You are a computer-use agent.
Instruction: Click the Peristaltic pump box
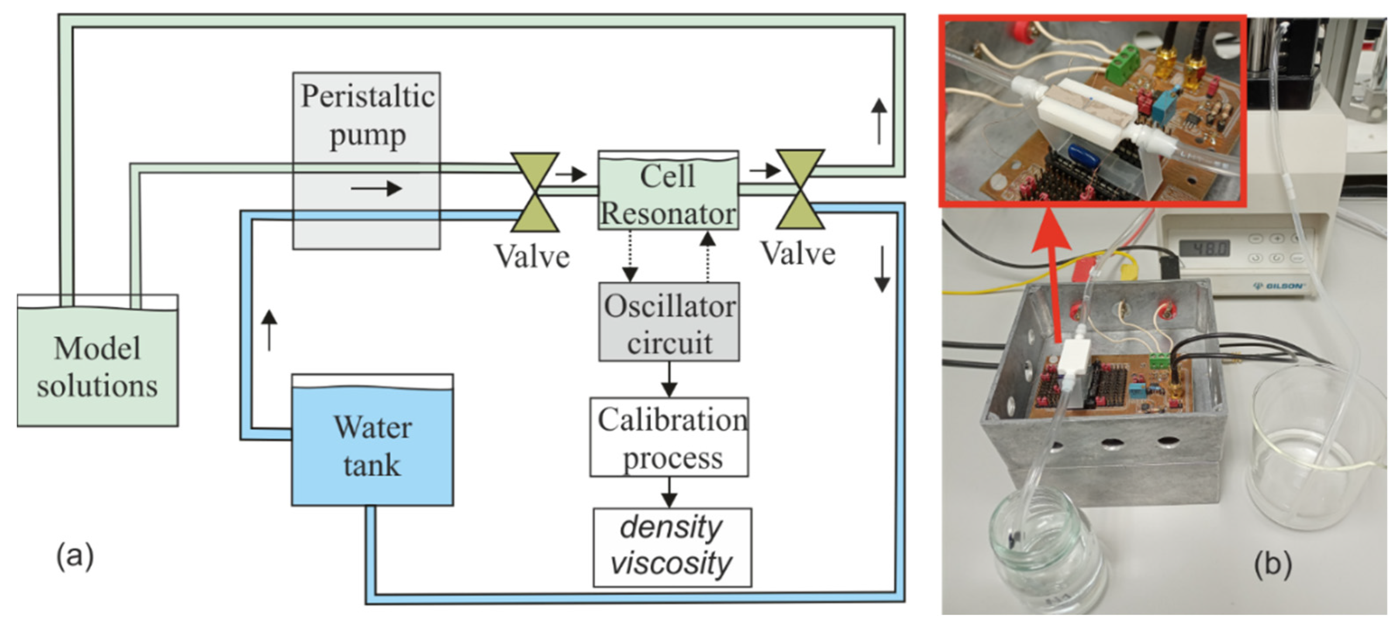click(366, 161)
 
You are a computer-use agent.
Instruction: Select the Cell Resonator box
click(668, 190)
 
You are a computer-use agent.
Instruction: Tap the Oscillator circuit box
click(669, 322)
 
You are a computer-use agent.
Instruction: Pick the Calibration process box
click(669, 437)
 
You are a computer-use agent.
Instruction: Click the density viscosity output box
click(672, 548)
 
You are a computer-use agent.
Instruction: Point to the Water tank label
click(373, 446)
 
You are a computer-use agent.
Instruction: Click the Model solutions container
click(98, 360)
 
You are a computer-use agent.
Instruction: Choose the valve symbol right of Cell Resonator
click(800, 189)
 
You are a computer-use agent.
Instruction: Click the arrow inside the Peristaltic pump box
click(376, 188)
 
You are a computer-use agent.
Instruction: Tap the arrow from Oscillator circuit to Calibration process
click(669, 379)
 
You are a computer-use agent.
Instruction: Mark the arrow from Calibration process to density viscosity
click(669, 492)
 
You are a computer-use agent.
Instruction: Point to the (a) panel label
click(75, 557)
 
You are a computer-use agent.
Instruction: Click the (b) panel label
click(1273, 565)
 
